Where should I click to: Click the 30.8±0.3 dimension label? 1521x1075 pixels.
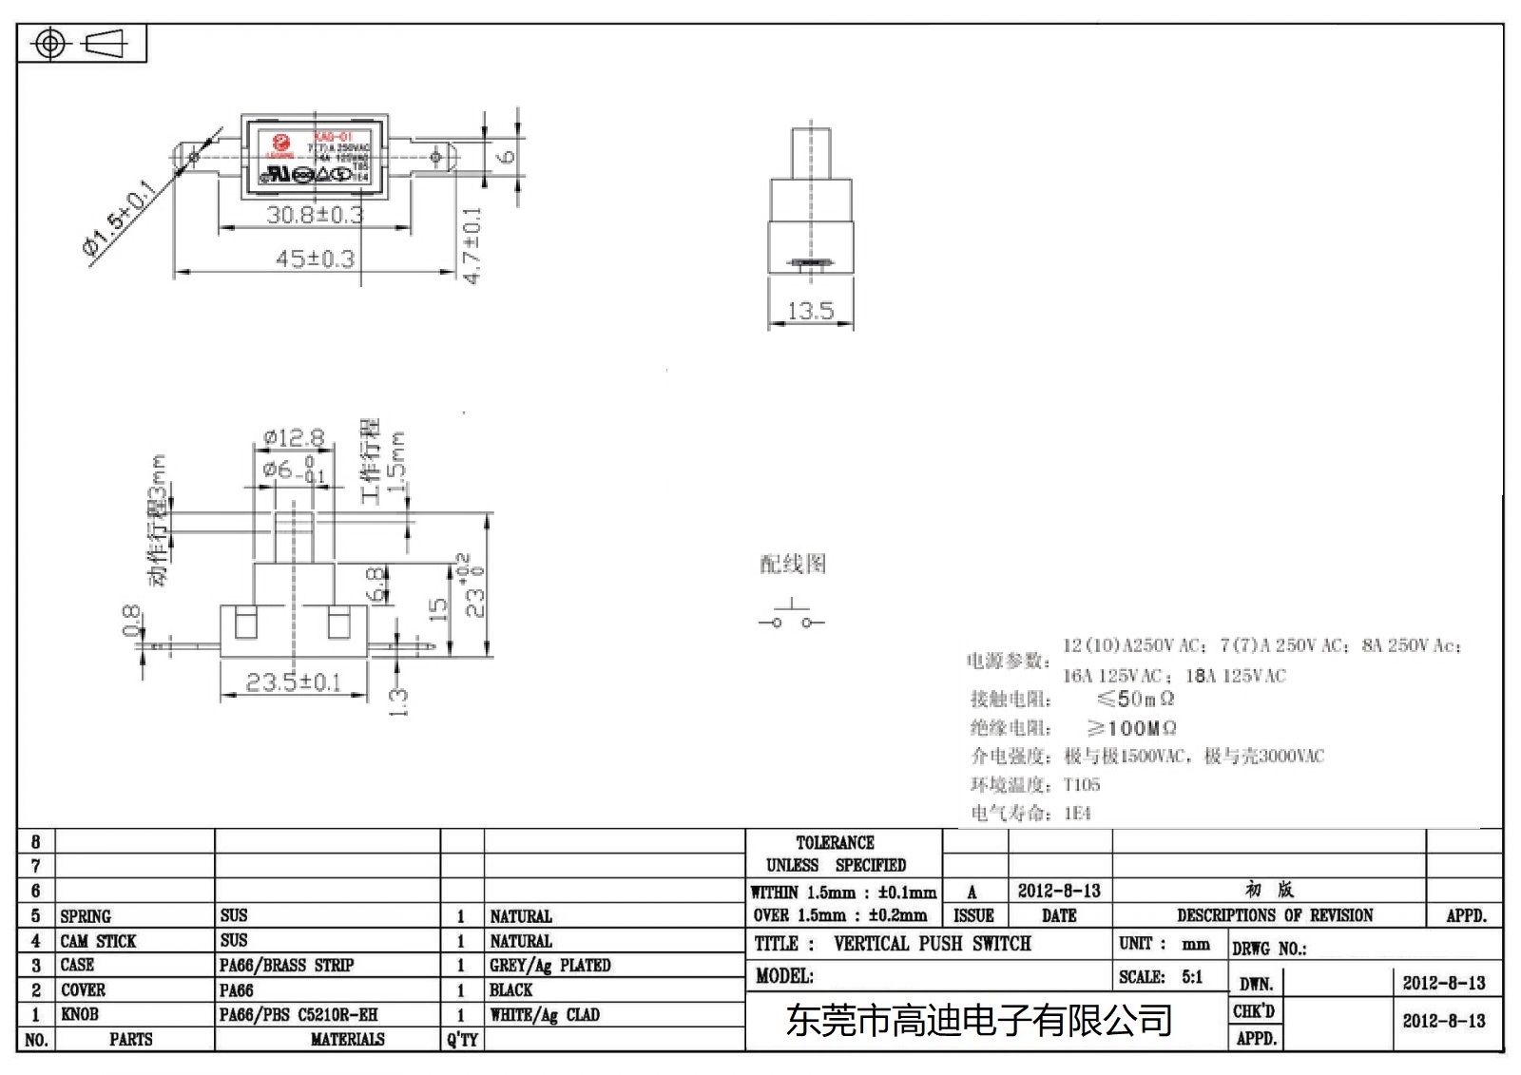tap(315, 215)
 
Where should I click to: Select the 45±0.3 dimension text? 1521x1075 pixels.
tap(315, 259)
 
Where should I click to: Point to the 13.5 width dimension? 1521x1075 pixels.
tap(810, 311)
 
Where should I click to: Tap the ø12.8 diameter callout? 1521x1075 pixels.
tap(295, 438)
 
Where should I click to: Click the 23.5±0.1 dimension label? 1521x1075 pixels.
tap(293, 682)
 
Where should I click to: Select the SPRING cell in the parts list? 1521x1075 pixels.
tap(86, 916)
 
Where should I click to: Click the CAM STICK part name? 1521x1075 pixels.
tap(98, 941)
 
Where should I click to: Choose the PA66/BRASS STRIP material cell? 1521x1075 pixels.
tap(286, 966)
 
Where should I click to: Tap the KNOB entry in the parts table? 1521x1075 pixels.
tap(80, 1014)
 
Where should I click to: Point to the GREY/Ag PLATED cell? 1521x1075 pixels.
tap(549, 966)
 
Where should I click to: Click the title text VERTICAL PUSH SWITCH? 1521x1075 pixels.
tap(932, 944)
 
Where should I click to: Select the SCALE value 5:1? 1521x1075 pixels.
tap(1192, 977)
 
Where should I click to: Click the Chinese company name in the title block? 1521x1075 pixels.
tap(979, 1021)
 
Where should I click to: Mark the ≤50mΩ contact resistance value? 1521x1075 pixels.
tap(1135, 700)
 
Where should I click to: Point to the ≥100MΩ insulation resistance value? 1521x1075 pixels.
tap(1131, 728)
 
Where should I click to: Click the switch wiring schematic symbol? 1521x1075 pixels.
tap(791, 617)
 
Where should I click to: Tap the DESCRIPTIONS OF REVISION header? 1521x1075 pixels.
tap(1274, 915)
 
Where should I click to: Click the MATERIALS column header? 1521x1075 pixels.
tap(347, 1040)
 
